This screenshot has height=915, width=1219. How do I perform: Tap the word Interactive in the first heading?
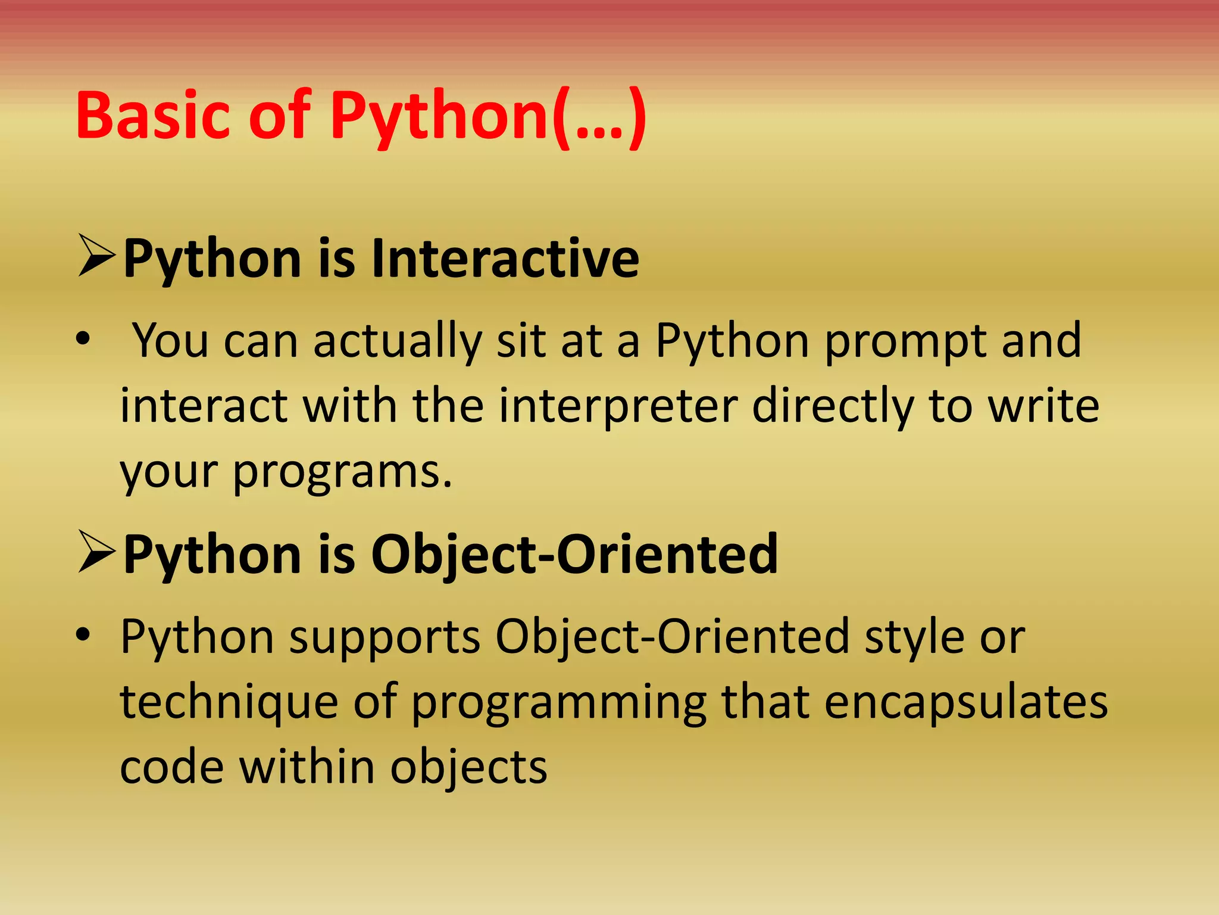[505, 259]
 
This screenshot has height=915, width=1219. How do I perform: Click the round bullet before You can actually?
[83, 340]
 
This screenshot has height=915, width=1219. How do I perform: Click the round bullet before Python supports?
[83, 635]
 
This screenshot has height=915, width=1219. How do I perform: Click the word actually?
[397, 342]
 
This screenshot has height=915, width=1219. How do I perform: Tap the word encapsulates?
[965, 702]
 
